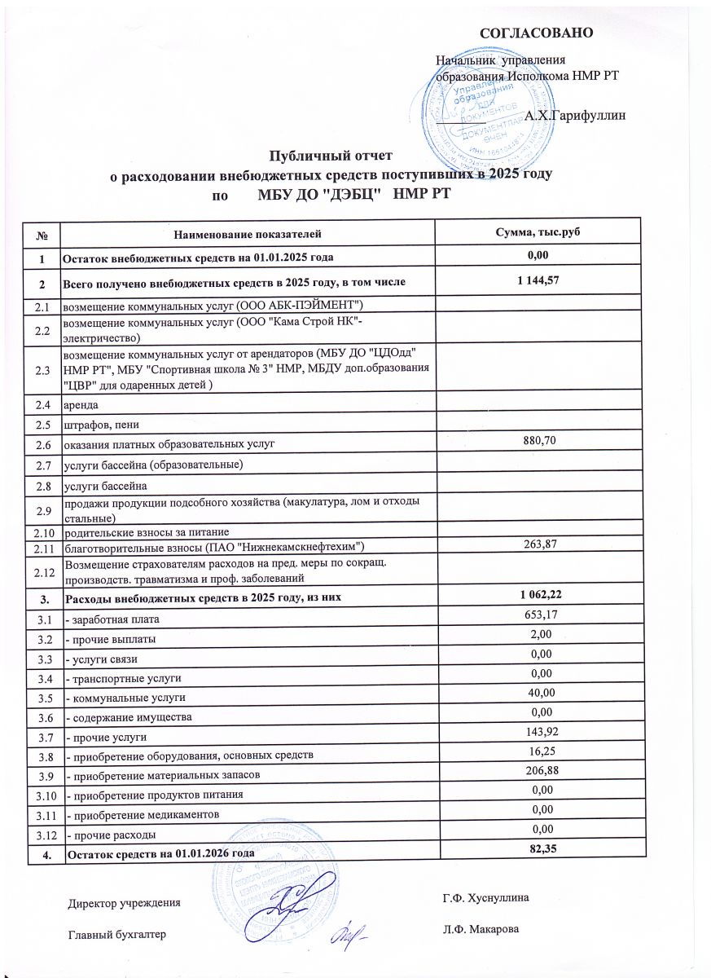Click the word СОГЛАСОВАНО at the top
click(x=535, y=33)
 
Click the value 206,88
click(x=542, y=772)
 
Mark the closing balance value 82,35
click(x=542, y=850)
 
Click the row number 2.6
click(x=42, y=443)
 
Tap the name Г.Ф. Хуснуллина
click(x=485, y=898)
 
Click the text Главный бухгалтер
click(x=116, y=934)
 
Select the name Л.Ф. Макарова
click(x=480, y=929)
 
